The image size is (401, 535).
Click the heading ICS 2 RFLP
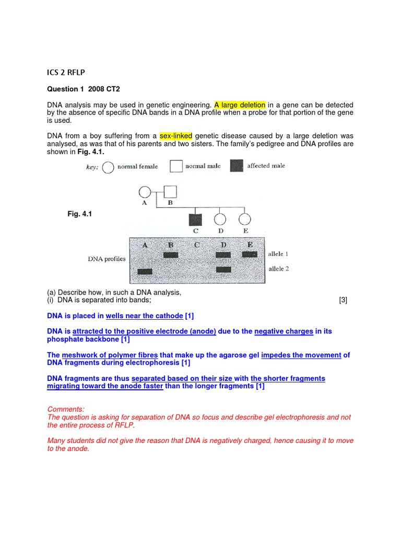pos(66,73)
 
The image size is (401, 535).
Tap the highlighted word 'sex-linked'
pos(176,136)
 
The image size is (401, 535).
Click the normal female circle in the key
pos(108,167)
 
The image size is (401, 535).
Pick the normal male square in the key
pos(176,167)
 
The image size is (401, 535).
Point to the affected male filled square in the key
pos(237,166)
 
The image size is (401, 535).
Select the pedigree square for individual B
pos(170,192)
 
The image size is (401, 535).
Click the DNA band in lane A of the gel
pos(145,272)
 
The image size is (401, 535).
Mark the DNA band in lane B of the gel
pos(170,255)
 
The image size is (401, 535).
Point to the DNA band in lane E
pos(250,254)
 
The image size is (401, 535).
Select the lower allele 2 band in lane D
pos(223,270)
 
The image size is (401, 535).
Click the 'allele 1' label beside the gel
pos(279,254)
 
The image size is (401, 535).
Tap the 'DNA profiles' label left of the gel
pos(107,259)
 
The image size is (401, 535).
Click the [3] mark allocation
pos(343,300)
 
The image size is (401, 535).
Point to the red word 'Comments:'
pos(66,409)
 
